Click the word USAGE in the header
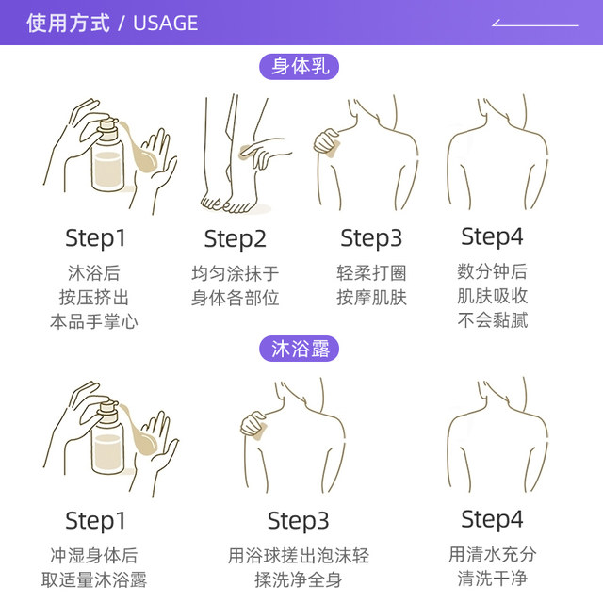tap(166, 23)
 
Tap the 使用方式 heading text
tap(68, 23)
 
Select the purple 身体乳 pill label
tap(300, 67)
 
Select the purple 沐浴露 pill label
tap(300, 349)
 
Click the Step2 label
tap(235, 239)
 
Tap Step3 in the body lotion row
tap(371, 238)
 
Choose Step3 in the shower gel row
tap(298, 521)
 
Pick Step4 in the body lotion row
tap(492, 236)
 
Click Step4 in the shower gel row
tap(492, 519)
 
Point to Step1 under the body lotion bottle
tap(95, 238)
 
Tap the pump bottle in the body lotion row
tap(108, 155)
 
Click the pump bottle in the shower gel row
tap(108, 437)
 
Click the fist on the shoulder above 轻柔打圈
tap(327, 142)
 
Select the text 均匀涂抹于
tap(235, 273)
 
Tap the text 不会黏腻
tap(493, 320)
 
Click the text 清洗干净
tap(492, 579)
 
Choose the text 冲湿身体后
tap(94, 555)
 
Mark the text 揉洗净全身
tap(299, 579)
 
